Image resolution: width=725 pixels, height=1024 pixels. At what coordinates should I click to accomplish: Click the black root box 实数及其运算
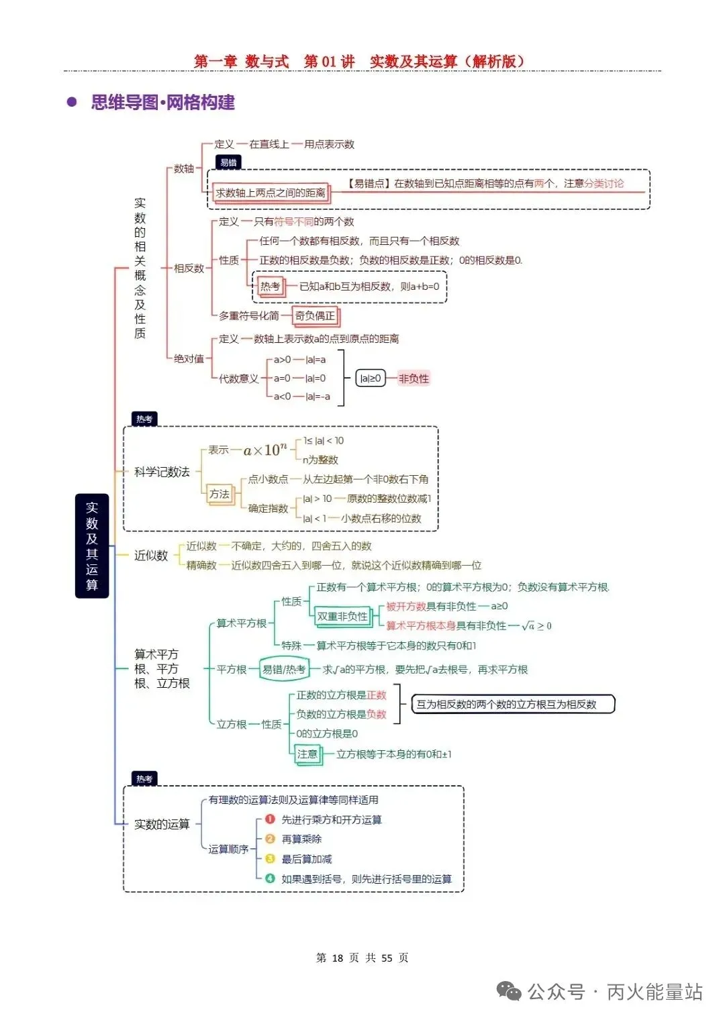click(92, 546)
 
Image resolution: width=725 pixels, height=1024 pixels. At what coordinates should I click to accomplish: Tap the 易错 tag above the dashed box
click(228, 162)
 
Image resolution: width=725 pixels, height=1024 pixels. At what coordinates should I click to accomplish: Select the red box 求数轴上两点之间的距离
click(271, 193)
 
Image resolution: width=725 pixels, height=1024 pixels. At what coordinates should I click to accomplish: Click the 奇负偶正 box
click(316, 316)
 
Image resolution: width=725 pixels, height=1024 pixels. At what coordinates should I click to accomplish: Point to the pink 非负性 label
click(414, 378)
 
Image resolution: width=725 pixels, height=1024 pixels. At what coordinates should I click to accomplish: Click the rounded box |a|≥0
click(371, 378)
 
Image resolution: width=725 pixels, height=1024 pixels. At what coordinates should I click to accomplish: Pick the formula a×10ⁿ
click(265, 450)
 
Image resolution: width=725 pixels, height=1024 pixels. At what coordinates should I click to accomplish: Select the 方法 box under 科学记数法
click(220, 494)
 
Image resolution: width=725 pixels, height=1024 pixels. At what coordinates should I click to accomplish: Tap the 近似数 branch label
click(151, 556)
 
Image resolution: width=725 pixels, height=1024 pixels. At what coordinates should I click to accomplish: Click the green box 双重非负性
click(342, 617)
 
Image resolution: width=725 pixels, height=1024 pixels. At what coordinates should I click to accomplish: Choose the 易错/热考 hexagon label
click(284, 670)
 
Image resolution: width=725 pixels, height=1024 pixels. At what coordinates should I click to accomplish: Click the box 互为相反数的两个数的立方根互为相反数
click(513, 705)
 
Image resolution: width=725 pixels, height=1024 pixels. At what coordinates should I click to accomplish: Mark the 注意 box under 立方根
click(307, 754)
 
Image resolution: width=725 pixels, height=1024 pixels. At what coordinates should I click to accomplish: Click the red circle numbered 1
click(270, 819)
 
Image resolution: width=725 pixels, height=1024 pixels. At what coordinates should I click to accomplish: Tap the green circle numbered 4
click(270, 878)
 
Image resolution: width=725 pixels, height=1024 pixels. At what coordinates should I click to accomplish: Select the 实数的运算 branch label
click(162, 824)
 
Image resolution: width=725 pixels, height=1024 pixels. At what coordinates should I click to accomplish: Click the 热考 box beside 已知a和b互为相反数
click(270, 287)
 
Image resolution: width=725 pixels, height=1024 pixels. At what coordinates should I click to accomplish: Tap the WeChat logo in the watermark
click(509, 991)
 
